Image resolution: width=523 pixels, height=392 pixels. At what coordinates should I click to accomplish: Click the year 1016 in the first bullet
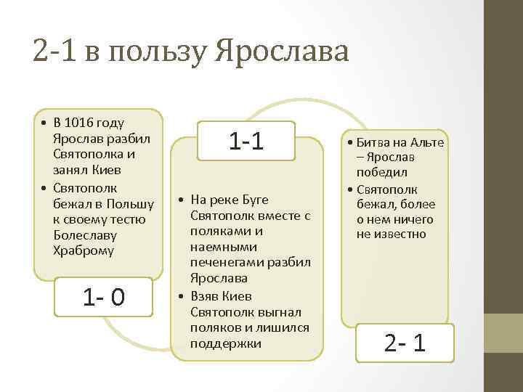tap(86, 123)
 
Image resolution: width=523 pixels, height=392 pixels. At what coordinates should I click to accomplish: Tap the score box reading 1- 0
tap(105, 297)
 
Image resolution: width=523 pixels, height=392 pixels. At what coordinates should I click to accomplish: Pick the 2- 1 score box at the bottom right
tap(405, 342)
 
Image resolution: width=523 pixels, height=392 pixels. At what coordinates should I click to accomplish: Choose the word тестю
tap(128, 219)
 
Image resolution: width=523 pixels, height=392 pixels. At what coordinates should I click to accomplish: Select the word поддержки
tap(224, 343)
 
